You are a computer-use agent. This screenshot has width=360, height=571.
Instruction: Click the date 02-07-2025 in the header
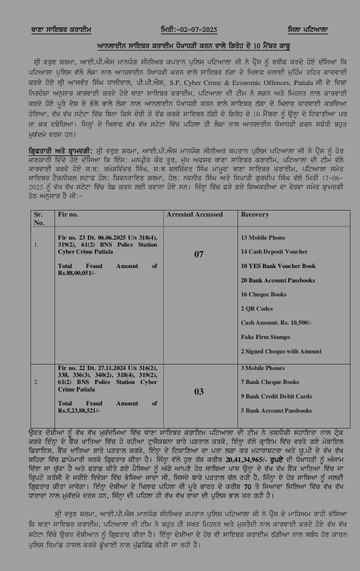[196, 30]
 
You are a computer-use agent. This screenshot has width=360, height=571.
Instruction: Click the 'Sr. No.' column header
[38, 218]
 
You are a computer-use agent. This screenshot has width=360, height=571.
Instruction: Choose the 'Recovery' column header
[255, 214]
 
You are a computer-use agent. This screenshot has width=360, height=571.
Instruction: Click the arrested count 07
[199, 254]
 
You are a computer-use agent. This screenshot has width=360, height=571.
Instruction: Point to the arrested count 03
[199, 391]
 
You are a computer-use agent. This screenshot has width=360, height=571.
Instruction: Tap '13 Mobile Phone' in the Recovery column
[264, 237]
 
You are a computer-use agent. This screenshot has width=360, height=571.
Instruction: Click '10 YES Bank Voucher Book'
[278, 266]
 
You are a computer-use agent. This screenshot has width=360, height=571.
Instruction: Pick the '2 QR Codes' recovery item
[257, 309]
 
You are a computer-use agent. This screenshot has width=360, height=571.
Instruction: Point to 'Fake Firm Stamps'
[265, 337]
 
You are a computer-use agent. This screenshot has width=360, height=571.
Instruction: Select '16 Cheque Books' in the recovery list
[264, 295]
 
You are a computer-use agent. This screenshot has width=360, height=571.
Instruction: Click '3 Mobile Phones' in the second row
[263, 368]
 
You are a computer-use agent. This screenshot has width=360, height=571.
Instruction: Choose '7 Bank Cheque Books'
[270, 382]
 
